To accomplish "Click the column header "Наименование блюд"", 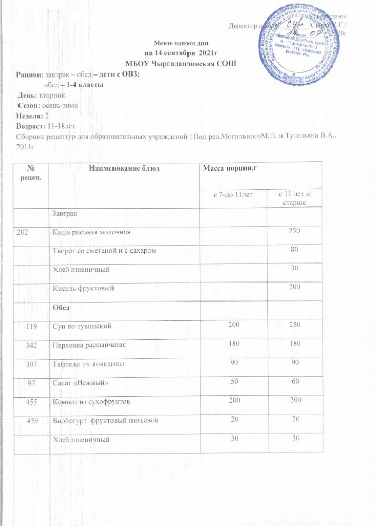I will pos(124,169).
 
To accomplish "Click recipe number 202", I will pos(23,232).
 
